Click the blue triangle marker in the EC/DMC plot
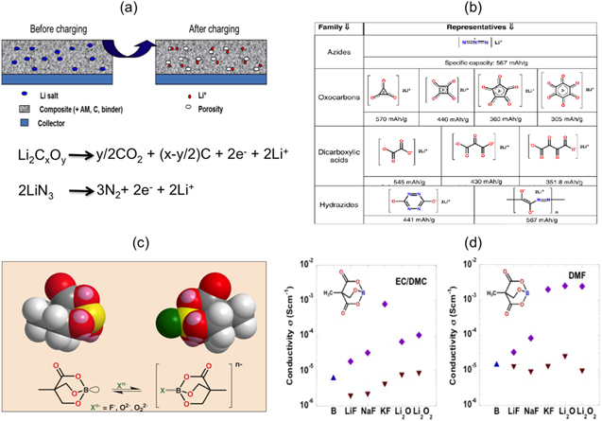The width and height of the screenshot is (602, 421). click(x=334, y=377)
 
